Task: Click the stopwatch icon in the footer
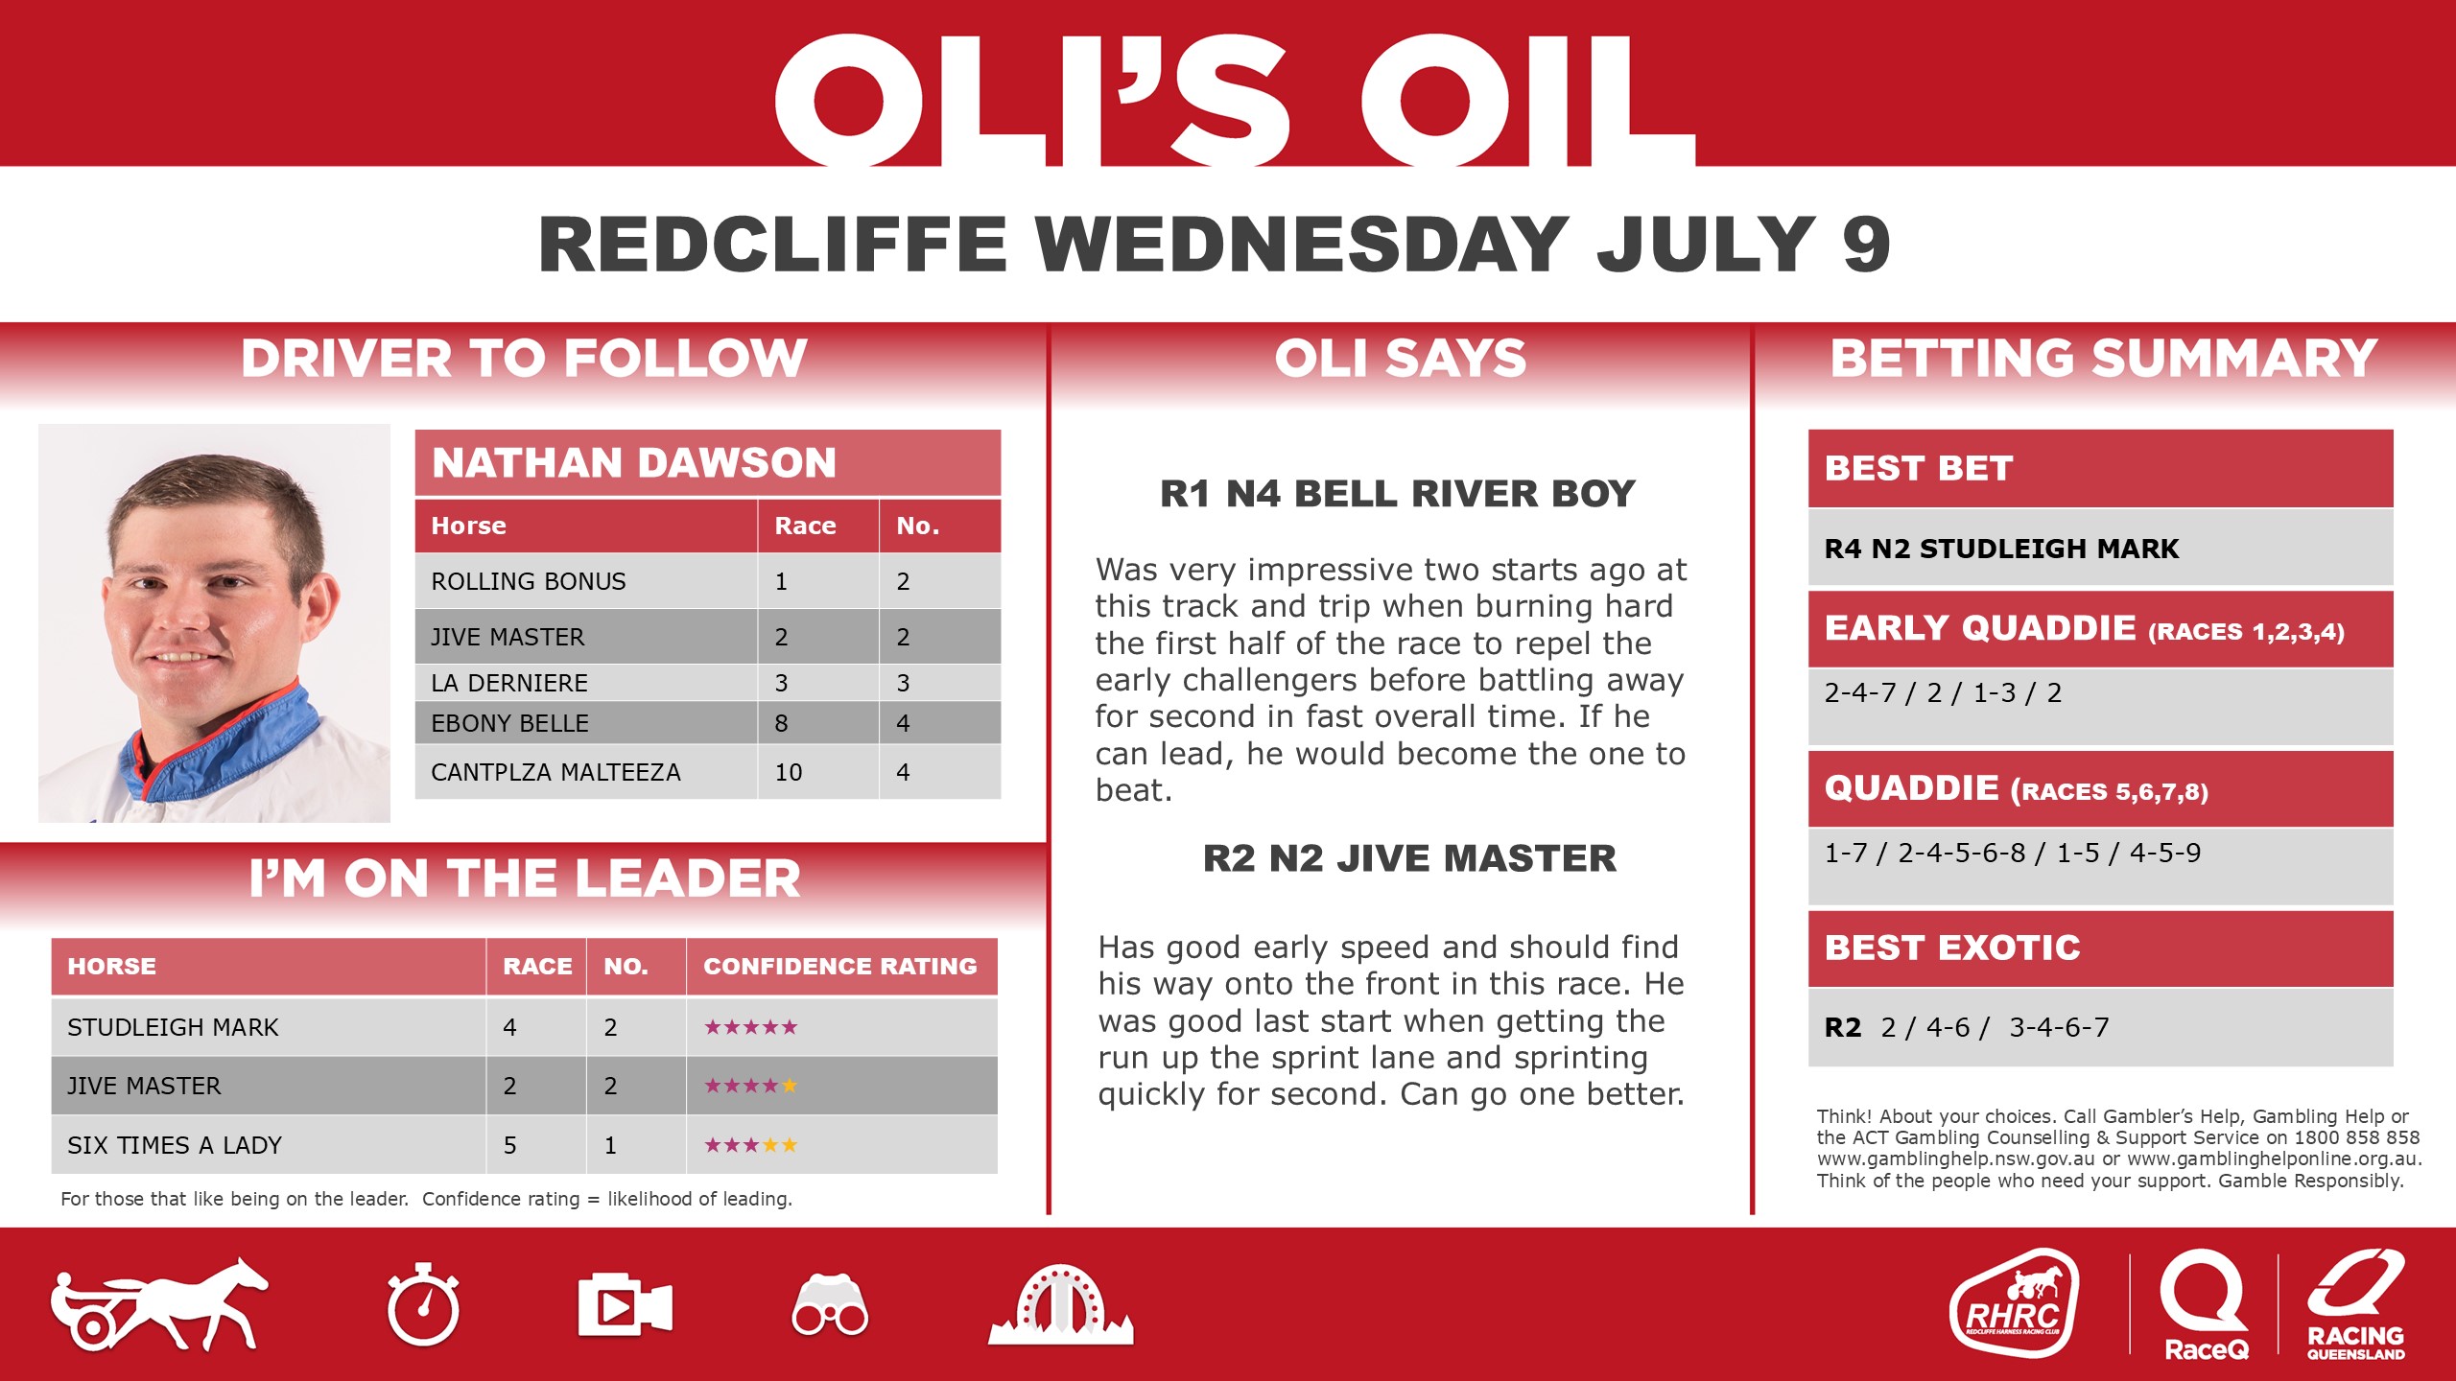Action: pos(423,1305)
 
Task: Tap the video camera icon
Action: pos(625,1305)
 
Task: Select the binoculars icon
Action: pos(830,1305)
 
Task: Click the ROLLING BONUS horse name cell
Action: pos(529,581)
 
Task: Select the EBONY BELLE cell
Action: pos(509,723)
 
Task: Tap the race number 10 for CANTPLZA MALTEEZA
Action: pos(789,772)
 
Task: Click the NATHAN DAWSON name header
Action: pos(634,463)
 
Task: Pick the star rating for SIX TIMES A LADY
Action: pos(751,1145)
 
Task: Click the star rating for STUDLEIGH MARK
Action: pos(751,1027)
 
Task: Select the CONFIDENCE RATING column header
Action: pos(840,967)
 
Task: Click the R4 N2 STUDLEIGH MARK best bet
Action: pos(2001,549)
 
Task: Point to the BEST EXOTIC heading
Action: pos(1952,948)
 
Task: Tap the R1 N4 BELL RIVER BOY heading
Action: pos(1398,494)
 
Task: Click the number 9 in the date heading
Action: pos(1866,245)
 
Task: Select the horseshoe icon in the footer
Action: pos(1060,1305)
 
